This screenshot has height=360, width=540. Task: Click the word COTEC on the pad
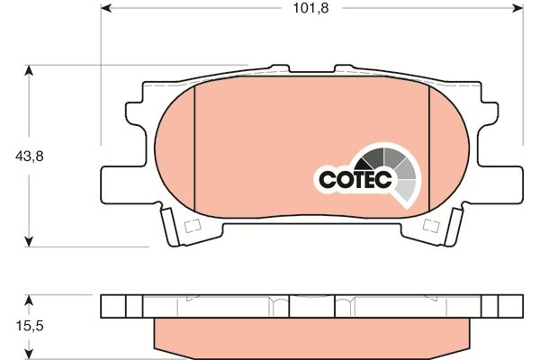tap(355, 179)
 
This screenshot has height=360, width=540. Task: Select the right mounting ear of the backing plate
tap(509, 180)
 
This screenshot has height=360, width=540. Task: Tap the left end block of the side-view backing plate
tap(113, 306)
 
